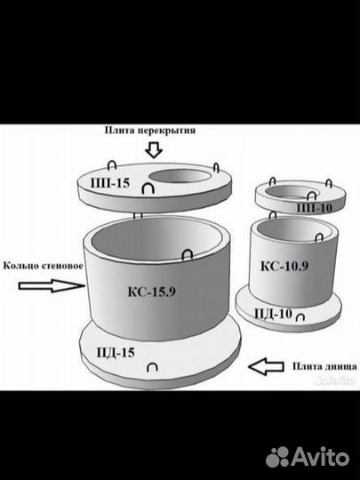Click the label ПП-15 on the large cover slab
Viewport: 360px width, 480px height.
110,183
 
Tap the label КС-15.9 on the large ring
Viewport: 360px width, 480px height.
151,292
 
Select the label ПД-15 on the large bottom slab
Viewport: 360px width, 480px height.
116,353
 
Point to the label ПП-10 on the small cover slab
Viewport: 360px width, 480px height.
315,208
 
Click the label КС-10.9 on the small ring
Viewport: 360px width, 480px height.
284,266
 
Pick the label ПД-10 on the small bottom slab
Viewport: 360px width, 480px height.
274,314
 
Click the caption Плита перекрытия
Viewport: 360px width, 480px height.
150,131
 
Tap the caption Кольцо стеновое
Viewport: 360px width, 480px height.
44,266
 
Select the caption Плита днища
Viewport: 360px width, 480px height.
324,366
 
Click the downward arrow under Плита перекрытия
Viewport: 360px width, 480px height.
154,150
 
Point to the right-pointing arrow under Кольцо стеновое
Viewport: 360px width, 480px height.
52,286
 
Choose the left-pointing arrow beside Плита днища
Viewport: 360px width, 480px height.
266,366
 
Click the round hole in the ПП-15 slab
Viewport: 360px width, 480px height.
180,177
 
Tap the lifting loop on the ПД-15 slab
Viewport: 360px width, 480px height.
152,367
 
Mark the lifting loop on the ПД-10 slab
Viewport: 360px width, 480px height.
300,317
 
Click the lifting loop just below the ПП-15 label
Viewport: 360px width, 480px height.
148,188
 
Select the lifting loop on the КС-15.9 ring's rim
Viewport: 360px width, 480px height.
187,254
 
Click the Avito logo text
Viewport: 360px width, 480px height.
320,457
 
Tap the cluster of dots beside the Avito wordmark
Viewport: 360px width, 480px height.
277,457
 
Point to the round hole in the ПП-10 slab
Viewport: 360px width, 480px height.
292,192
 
